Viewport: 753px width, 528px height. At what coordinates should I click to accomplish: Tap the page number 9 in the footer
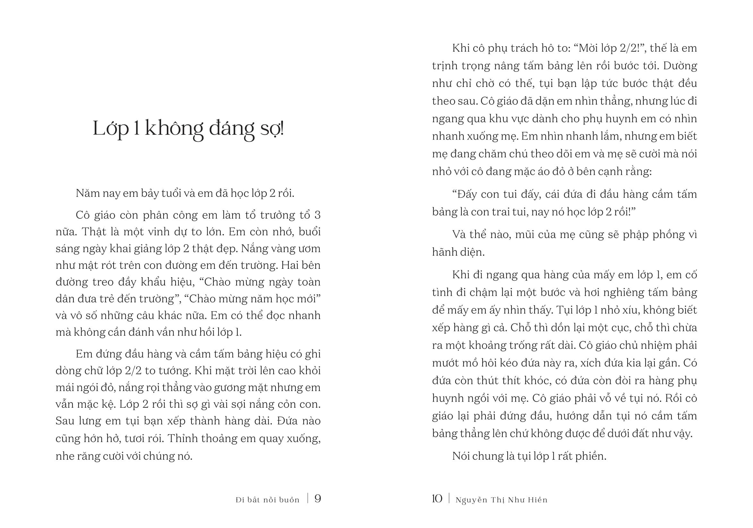point(318,499)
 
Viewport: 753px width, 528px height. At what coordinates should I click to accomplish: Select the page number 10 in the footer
point(437,499)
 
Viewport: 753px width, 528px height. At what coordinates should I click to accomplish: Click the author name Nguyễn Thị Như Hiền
point(501,500)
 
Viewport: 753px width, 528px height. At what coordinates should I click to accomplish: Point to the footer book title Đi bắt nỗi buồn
point(268,500)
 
